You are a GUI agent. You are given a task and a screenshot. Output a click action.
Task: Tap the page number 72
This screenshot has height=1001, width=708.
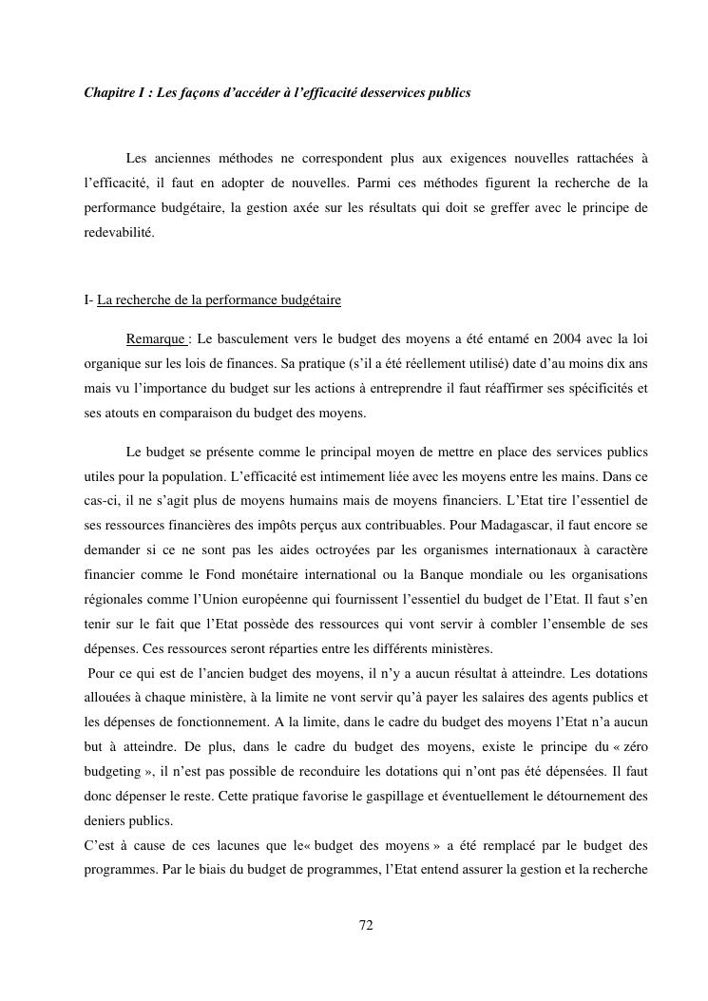[366, 925]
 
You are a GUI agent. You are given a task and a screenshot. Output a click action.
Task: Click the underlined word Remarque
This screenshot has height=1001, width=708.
[156, 338]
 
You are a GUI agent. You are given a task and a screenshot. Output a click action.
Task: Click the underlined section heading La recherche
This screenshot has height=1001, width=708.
[219, 300]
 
